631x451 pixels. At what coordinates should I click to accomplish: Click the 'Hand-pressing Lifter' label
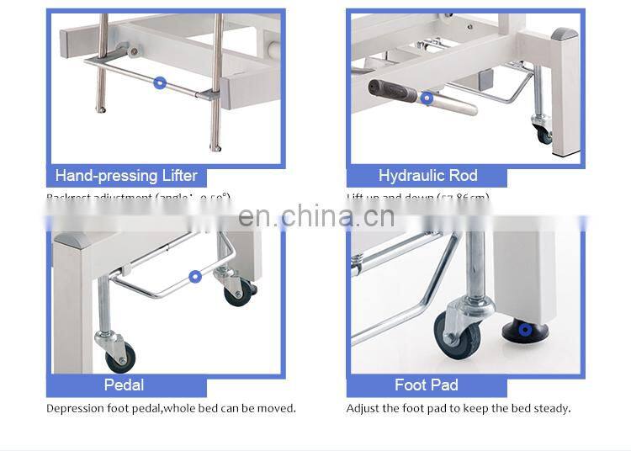coord(126,176)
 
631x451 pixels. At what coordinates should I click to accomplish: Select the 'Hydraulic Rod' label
coord(427,176)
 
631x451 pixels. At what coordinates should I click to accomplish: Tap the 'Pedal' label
coord(124,385)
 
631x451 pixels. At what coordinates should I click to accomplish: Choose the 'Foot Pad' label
coord(426,385)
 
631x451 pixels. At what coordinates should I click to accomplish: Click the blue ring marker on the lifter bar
coord(160,82)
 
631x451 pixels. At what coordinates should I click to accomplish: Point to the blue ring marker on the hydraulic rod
coord(427,98)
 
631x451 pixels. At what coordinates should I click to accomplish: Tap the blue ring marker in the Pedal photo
coord(195,275)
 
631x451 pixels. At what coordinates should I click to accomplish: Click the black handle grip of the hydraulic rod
coord(395,90)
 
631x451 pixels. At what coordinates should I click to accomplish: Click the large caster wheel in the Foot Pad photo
coord(458,334)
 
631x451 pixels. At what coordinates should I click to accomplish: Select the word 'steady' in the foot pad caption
coord(552,409)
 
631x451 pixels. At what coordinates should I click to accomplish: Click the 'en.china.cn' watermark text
coord(316,216)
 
